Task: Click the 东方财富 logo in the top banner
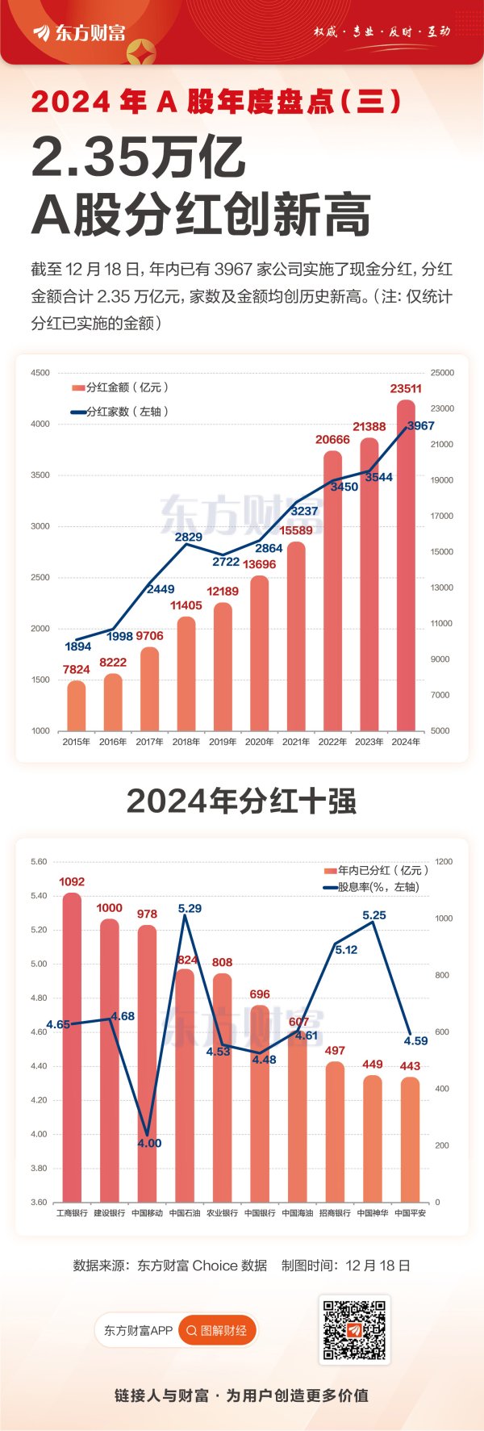point(79,32)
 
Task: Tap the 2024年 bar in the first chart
point(406,565)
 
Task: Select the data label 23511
point(406,388)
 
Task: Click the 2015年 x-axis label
point(77,742)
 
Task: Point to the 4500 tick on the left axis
point(40,373)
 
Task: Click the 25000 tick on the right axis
point(442,373)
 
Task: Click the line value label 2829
point(189,537)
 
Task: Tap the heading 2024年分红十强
point(241,801)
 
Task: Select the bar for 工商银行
point(72,1049)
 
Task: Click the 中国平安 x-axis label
point(410,1213)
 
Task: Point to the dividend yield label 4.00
point(149,1143)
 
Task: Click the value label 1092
point(72,881)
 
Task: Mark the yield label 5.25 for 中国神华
point(374,915)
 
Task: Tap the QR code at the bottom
point(354,1330)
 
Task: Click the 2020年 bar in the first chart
point(259,654)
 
